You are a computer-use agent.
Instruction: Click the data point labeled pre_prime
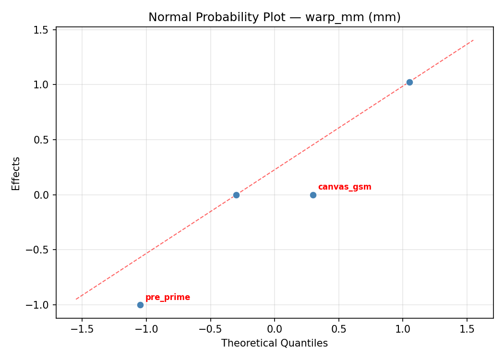[x=140, y=305]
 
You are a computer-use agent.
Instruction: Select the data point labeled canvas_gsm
[x=313, y=195]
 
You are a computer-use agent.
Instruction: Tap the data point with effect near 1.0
[x=409, y=82]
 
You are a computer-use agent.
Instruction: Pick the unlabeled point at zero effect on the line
[x=236, y=195]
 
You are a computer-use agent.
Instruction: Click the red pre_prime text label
[x=168, y=298]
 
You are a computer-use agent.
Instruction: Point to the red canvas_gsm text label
[x=345, y=187]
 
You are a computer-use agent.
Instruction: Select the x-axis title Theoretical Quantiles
[x=275, y=343]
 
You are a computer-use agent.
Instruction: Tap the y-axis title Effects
[x=16, y=173]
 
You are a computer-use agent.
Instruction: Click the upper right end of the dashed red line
[x=473, y=40]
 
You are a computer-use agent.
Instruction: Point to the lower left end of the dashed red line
[x=76, y=299]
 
